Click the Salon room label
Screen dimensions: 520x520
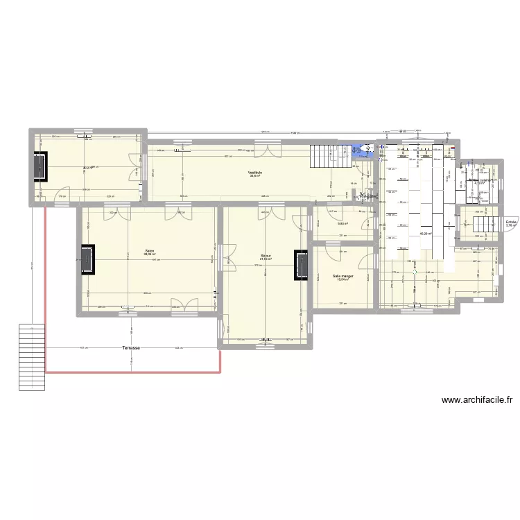click(x=149, y=250)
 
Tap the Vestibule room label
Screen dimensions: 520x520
click(x=254, y=172)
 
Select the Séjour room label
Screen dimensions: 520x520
click(x=266, y=255)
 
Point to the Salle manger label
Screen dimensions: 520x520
click(x=343, y=276)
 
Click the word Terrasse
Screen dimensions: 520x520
click(x=130, y=347)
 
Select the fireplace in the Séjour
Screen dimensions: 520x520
click(x=301, y=266)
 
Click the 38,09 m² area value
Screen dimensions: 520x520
click(x=149, y=254)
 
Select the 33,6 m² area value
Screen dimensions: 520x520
click(x=254, y=176)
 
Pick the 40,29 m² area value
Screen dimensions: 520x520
click(x=426, y=234)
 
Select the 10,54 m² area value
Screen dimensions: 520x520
click(x=343, y=280)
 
